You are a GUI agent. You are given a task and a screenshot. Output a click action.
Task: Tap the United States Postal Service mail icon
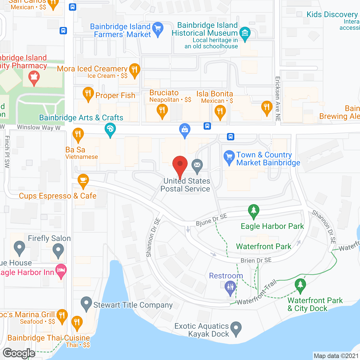tap(197, 165)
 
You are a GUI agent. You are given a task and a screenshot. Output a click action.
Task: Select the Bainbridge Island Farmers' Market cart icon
tap(158, 29)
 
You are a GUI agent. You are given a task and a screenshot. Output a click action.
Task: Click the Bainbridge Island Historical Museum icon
tap(245, 33)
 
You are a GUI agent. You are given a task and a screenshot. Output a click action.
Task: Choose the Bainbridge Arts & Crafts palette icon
tap(110, 130)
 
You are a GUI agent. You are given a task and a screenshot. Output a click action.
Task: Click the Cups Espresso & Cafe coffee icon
tap(83, 180)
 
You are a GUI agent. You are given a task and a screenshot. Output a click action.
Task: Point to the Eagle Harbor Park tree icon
tap(253, 210)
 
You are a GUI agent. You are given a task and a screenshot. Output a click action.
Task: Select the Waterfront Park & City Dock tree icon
tap(300, 285)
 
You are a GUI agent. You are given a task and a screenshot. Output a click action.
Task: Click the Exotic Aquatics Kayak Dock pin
tap(236, 328)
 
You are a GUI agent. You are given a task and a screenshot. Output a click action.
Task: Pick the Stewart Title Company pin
tap(86, 303)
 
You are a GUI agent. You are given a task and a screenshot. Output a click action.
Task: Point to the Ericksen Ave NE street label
tap(278, 99)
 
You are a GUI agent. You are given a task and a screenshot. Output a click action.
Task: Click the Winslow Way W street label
tap(39, 127)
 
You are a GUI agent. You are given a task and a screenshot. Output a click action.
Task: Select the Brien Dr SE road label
tap(256, 260)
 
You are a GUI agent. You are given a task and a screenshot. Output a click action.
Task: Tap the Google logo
tap(19, 353)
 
